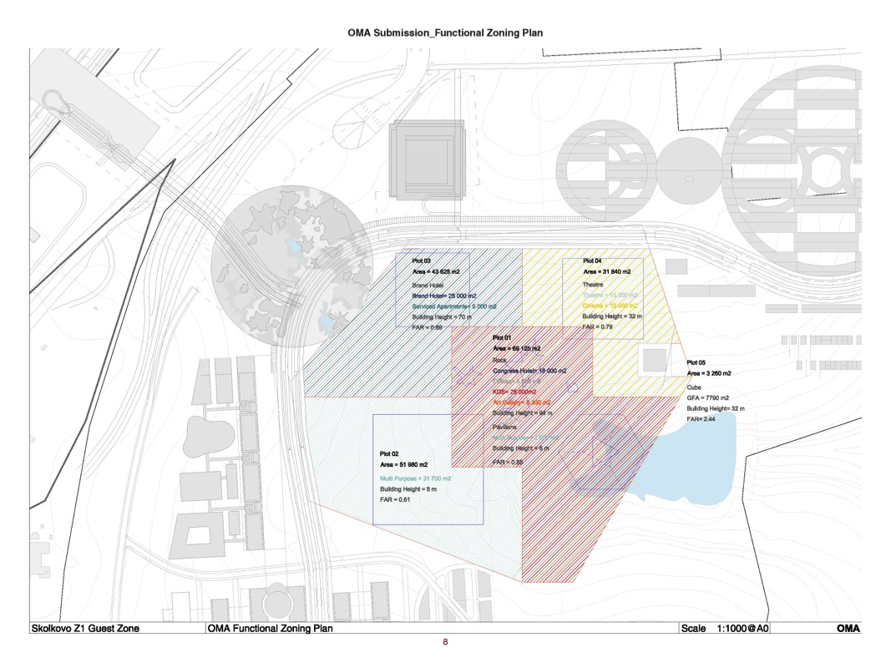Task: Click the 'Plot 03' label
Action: click(x=422, y=261)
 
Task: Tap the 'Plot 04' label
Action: click(x=592, y=261)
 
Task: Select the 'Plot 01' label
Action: click(x=503, y=337)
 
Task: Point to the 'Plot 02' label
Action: click(x=390, y=453)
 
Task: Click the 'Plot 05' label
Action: click(x=696, y=362)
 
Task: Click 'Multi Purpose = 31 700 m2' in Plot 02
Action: click(x=415, y=478)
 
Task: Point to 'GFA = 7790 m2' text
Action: click(x=707, y=397)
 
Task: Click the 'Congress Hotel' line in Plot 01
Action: click(x=529, y=370)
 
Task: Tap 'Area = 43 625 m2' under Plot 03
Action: click(x=441, y=272)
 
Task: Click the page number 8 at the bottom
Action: click(x=445, y=642)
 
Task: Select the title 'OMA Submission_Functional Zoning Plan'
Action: click(x=445, y=33)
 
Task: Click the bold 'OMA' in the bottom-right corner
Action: click(x=848, y=629)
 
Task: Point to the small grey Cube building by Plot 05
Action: click(x=655, y=361)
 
